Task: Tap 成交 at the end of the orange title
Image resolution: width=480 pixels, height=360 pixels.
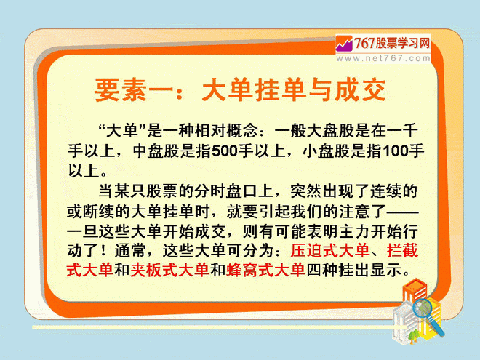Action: pyautogui.click(x=360, y=90)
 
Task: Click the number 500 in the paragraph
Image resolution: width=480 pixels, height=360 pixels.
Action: pyautogui.click(x=225, y=151)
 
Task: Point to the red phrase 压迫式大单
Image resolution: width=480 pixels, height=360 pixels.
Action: pyautogui.click(x=329, y=250)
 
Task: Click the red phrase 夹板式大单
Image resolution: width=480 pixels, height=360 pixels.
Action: pyautogui.click(x=170, y=271)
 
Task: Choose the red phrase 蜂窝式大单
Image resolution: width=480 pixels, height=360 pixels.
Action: pyautogui.click(x=265, y=271)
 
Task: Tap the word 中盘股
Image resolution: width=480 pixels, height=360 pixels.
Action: pyautogui.click(x=156, y=151)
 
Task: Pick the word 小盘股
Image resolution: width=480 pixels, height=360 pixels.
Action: pyautogui.click(x=327, y=151)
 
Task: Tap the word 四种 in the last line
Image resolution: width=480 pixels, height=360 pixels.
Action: pyautogui.click(x=322, y=271)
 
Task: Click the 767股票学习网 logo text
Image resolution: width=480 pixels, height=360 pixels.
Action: pyautogui.click(x=392, y=43)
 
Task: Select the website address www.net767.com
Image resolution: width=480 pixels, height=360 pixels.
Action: pyautogui.click(x=383, y=58)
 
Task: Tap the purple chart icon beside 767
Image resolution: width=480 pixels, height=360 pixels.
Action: pyautogui.click(x=345, y=44)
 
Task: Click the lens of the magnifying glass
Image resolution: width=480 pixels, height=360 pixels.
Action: pyautogui.click(x=423, y=308)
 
